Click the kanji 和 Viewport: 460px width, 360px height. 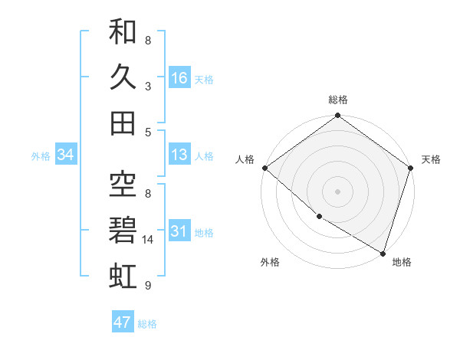click(123, 32)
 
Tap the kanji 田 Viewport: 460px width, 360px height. click(123, 123)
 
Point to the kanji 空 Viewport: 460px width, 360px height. click(123, 184)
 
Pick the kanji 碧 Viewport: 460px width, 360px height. click(123, 229)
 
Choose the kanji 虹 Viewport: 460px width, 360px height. click(123, 274)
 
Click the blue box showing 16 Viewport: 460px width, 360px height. click(179, 77)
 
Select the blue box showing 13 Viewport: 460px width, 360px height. click(179, 155)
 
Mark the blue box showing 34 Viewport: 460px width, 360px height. click(65, 155)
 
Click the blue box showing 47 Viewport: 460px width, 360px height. click(123, 322)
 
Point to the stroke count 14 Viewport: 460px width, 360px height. click(149, 240)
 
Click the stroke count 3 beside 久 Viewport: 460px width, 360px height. click(148, 86)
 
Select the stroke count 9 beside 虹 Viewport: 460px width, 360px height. click(148, 285)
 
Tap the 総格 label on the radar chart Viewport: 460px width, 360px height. click(338, 100)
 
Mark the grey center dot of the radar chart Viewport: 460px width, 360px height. click(338, 191)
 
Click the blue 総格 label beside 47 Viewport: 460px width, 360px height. click(147, 323)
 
